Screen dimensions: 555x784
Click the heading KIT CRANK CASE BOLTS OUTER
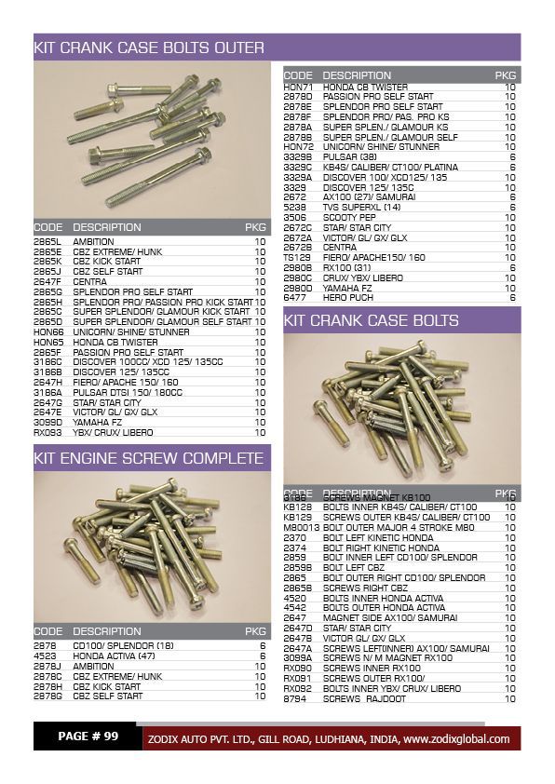tap(149, 47)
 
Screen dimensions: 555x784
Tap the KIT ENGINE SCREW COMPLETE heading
tap(149, 458)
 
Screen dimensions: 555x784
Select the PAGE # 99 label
tap(88, 737)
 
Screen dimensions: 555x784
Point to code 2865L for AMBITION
tap(47, 241)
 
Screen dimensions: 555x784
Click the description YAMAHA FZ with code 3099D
tap(99, 422)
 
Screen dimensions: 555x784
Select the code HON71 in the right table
tap(297, 87)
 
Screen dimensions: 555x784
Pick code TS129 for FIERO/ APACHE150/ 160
tap(297, 257)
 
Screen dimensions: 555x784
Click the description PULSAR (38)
tap(348, 156)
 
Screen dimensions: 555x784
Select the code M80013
tap(301, 527)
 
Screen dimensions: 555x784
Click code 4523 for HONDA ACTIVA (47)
tap(46, 656)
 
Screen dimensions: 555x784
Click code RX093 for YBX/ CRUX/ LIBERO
tap(47, 432)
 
